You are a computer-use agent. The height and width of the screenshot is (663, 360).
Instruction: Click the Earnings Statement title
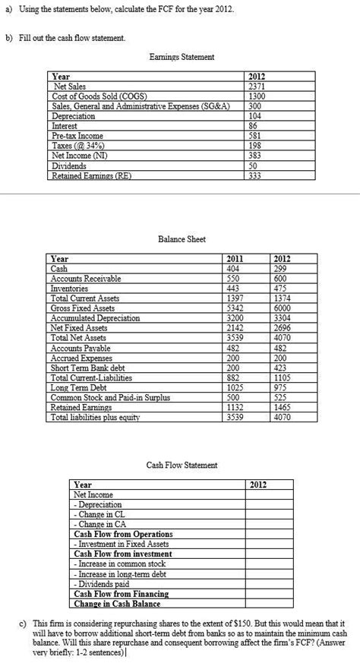click(x=180, y=57)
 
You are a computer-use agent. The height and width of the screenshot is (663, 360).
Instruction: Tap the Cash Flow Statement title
click(x=180, y=465)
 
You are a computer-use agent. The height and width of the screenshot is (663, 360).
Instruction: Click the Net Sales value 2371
click(x=255, y=87)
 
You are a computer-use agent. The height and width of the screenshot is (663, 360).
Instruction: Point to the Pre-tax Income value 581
click(x=255, y=136)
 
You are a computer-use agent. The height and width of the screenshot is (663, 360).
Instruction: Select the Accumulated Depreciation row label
click(x=95, y=318)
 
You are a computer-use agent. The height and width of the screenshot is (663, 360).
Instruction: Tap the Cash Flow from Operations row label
click(x=123, y=535)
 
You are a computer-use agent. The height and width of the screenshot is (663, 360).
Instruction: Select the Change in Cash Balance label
click(x=117, y=604)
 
